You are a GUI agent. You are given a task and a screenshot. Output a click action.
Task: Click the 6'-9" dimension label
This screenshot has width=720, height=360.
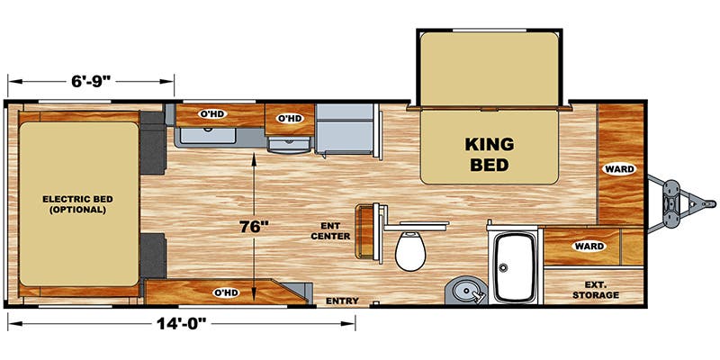(91, 80)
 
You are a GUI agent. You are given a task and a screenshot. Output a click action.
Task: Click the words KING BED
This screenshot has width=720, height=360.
(488, 154)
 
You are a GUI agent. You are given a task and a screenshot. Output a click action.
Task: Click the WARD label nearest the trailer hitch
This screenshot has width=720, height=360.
(619, 169)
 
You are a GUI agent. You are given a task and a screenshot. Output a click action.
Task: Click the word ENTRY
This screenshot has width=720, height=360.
(342, 300)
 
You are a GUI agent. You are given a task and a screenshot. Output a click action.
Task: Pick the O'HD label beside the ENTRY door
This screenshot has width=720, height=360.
(225, 292)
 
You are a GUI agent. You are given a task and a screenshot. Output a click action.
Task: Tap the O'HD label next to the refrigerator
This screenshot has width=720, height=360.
(289, 118)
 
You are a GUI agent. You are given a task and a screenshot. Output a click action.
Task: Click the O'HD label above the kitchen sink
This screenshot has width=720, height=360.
(211, 114)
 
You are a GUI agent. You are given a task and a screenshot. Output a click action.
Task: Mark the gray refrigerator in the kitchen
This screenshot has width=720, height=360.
(346, 130)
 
